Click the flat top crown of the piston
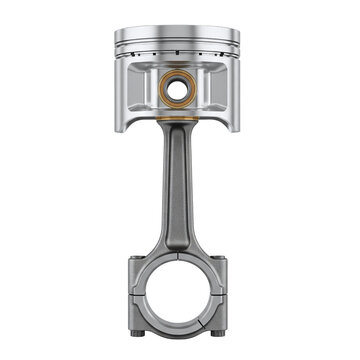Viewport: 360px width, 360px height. [x=179, y=31]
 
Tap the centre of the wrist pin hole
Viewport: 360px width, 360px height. [x=178, y=90]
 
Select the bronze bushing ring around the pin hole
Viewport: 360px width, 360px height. [x=166, y=91]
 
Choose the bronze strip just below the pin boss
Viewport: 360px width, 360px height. [x=178, y=118]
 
